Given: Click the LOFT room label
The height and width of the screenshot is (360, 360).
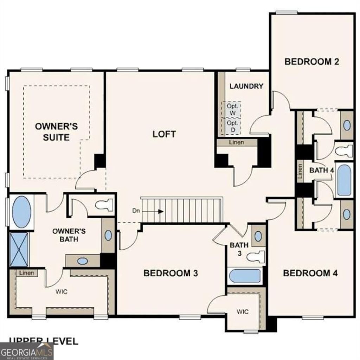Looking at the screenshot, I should (164, 134).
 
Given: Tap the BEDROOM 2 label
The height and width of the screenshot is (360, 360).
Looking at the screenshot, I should (311, 62).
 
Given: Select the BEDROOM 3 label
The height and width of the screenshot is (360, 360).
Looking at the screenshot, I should (171, 273).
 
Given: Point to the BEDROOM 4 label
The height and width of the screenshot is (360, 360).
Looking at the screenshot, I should (310, 273).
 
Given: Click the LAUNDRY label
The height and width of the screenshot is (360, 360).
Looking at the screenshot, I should (246, 86).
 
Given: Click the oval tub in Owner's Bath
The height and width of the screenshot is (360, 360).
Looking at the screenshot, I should (21, 212).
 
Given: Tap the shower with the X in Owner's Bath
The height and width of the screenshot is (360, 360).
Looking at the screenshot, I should (19, 249).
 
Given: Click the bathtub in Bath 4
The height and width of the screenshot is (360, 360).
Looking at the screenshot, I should (344, 180).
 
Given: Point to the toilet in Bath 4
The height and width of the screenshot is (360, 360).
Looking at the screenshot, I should (344, 151).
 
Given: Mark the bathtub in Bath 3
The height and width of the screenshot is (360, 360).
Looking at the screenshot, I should (245, 276).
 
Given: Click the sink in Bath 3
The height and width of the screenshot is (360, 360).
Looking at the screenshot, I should (258, 236).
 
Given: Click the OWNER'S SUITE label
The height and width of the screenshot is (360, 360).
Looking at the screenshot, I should (56, 132).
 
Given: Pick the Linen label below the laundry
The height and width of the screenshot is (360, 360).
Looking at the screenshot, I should (237, 142).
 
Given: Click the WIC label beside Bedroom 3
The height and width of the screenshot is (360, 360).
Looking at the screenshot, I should (243, 311).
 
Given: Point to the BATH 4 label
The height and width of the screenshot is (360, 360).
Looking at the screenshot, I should (322, 170).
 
